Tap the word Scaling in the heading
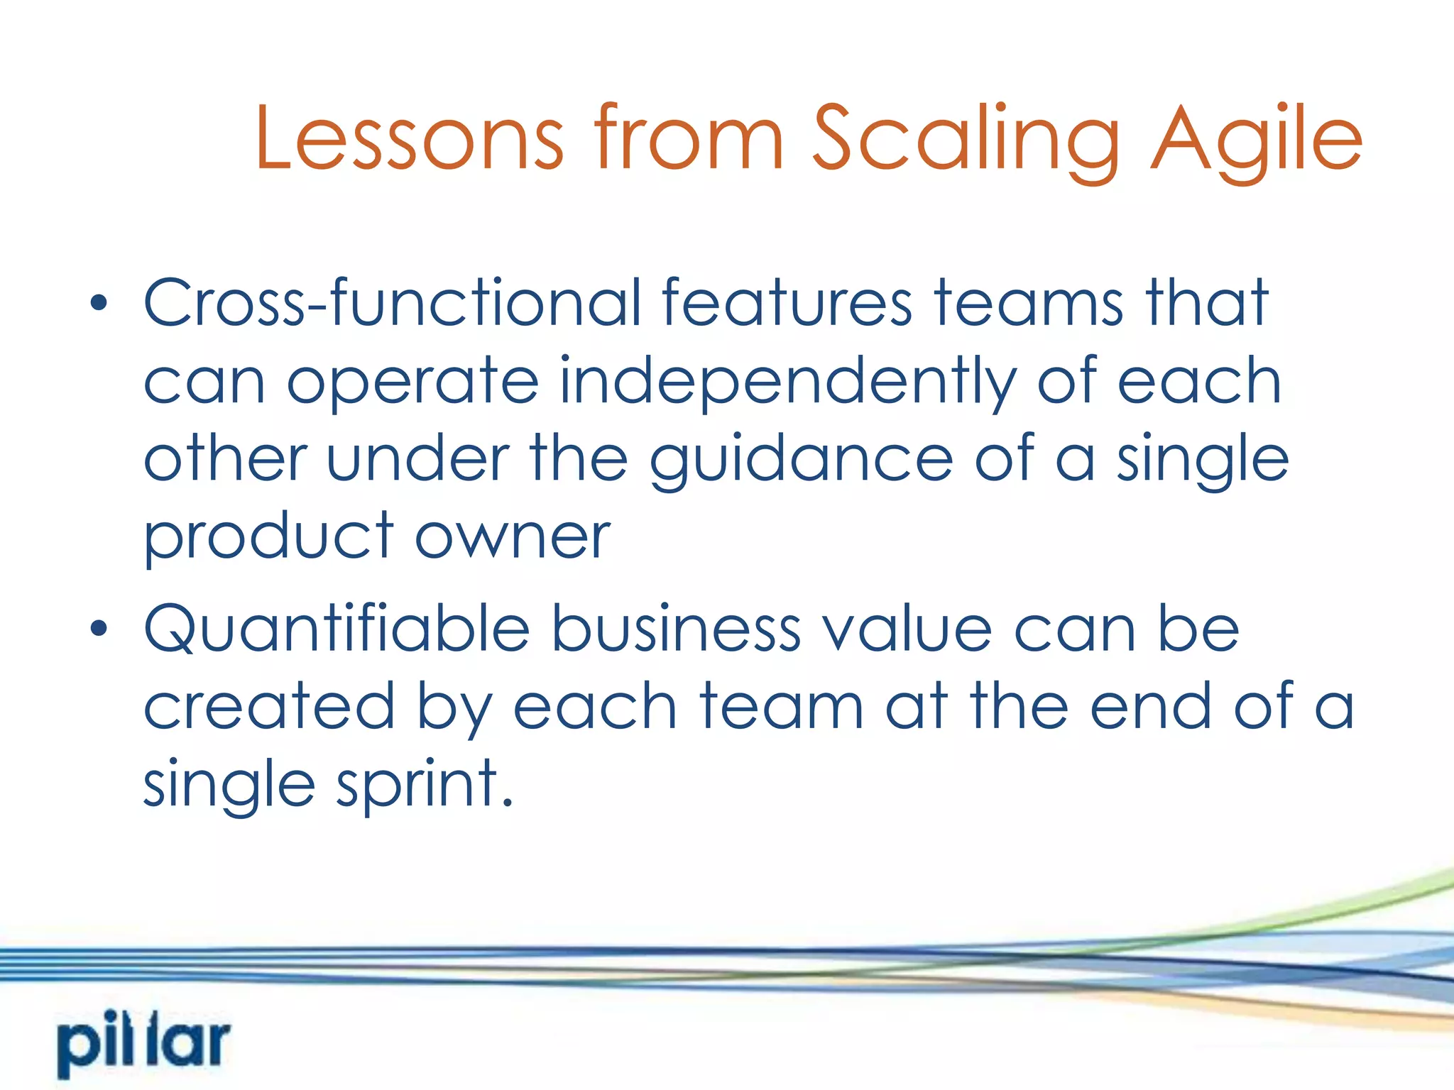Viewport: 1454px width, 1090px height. pos(966,139)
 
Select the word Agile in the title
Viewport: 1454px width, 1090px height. pos(1255,139)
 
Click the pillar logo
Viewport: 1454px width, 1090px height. pos(144,1044)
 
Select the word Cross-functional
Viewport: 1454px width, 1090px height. pos(392,303)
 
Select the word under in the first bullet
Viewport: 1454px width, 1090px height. pos(417,460)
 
